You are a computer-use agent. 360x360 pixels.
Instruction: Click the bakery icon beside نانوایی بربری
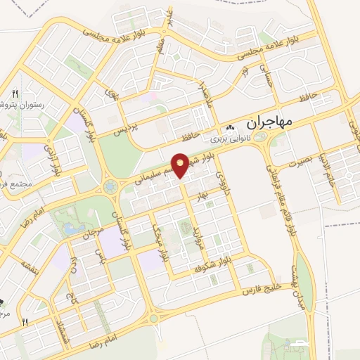[231, 129]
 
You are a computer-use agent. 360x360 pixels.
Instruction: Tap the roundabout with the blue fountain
[110, 186]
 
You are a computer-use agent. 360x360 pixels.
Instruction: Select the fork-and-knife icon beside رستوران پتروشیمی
[15, 93]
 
